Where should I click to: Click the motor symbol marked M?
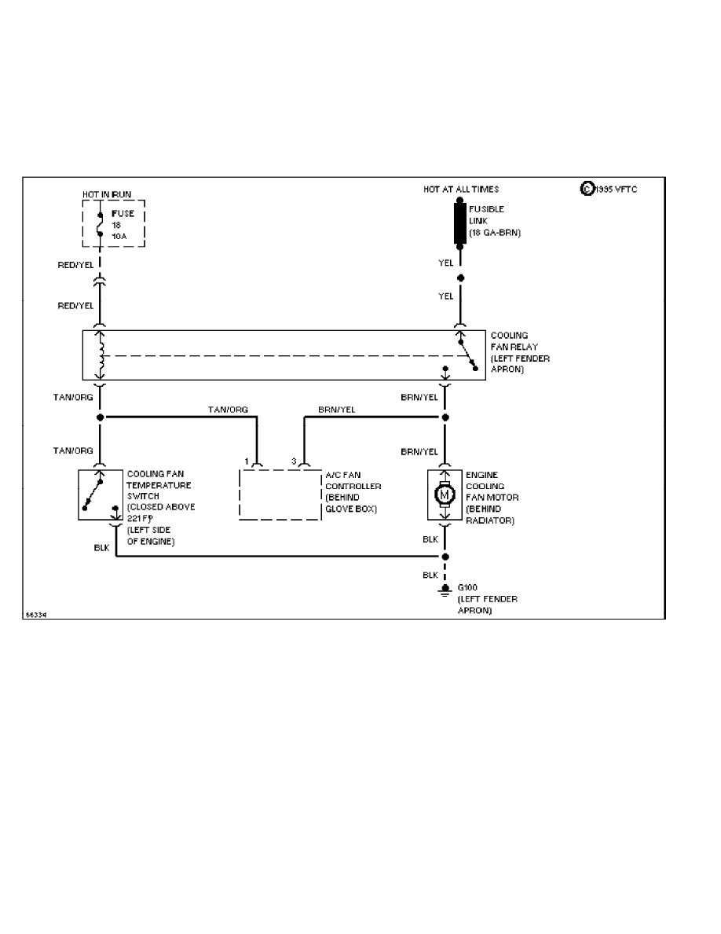point(445,495)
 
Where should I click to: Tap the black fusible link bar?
point(460,224)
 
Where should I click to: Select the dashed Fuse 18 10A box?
point(114,223)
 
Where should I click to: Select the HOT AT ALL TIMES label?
point(461,189)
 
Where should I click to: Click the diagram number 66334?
point(36,615)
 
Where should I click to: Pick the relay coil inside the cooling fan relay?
point(100,355)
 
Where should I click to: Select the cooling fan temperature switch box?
point(101,495)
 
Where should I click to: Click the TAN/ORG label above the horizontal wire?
point(228,410)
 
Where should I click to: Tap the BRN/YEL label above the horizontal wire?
point(337,410)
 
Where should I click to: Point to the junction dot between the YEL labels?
point(461,278)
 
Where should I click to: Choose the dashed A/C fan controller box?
point(280,495)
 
